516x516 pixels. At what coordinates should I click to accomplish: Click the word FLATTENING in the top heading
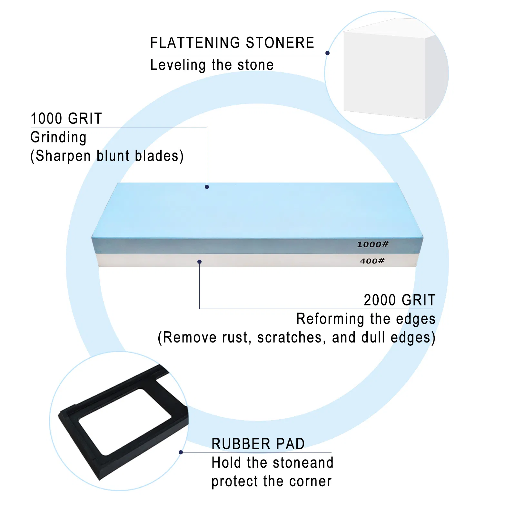195,43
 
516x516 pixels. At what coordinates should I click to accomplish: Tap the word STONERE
280,43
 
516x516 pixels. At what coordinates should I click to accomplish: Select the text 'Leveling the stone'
212,65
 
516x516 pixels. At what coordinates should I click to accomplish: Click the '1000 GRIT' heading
66,118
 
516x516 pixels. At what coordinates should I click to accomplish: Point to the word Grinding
58,137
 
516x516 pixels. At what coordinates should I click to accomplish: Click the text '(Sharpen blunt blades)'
107,156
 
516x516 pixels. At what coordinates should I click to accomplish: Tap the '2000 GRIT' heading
400,300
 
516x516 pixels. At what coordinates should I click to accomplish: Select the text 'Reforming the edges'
366,319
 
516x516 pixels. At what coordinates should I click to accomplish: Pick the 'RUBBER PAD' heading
258,444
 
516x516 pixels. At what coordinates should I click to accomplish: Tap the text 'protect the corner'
272,481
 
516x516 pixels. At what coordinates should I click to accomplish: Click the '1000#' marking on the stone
372,244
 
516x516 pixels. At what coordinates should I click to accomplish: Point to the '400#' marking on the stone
372,261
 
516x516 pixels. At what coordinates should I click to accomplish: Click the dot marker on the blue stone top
207,187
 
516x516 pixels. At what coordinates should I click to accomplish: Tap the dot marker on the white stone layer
199,262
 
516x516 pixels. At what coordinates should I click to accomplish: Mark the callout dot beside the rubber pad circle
181,452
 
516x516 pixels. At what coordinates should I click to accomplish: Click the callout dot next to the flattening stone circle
327,53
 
